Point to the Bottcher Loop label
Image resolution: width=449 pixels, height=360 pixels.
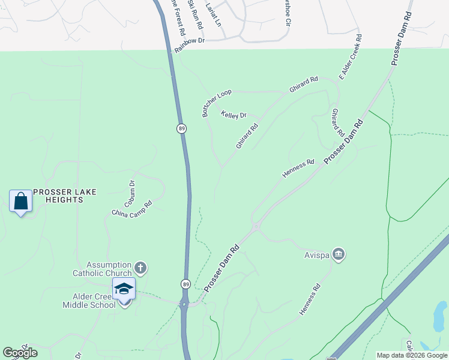(217, 103)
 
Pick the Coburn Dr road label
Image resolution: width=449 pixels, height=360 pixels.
(133, 191)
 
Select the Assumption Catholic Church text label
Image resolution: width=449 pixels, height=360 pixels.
(109, 269)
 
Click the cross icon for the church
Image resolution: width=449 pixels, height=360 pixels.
(140, 268)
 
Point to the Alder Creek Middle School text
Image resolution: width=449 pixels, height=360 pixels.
(89, 301)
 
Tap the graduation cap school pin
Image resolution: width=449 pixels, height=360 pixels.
(124, 289)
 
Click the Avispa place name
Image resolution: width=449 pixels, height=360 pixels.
(316, 254)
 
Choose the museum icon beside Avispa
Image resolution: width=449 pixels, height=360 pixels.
(339, 254)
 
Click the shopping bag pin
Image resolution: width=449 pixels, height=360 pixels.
(21, 201)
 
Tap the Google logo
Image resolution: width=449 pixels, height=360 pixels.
(20, 353)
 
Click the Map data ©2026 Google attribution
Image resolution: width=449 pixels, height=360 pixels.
(412, 355)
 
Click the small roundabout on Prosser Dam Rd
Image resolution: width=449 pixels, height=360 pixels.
(256, 227)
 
